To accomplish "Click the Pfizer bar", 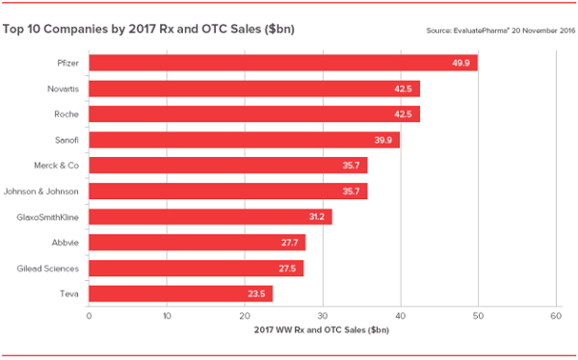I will tap(282, 64).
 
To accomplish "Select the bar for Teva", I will tap(180, 294).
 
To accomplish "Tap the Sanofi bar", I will tap(244, 141).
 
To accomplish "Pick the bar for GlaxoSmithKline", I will tap(210, 217).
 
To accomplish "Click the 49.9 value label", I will tap(461, 64).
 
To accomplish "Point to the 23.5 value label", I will tap(256, 294).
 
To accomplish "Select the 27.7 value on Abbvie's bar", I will tap(289, 243).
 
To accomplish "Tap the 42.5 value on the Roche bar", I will tap(404, 115).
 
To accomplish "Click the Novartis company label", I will tap(62, 90).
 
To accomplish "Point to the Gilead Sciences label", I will tap(50, 268).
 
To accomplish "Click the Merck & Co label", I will tap(56, 166).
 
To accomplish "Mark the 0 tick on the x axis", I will tap(89, 316).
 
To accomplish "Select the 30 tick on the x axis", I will tap(323, 316).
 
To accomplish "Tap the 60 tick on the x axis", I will tap(556, 316).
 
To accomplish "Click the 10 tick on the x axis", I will tap(167, 316).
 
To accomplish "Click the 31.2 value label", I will tap(316, 217).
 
